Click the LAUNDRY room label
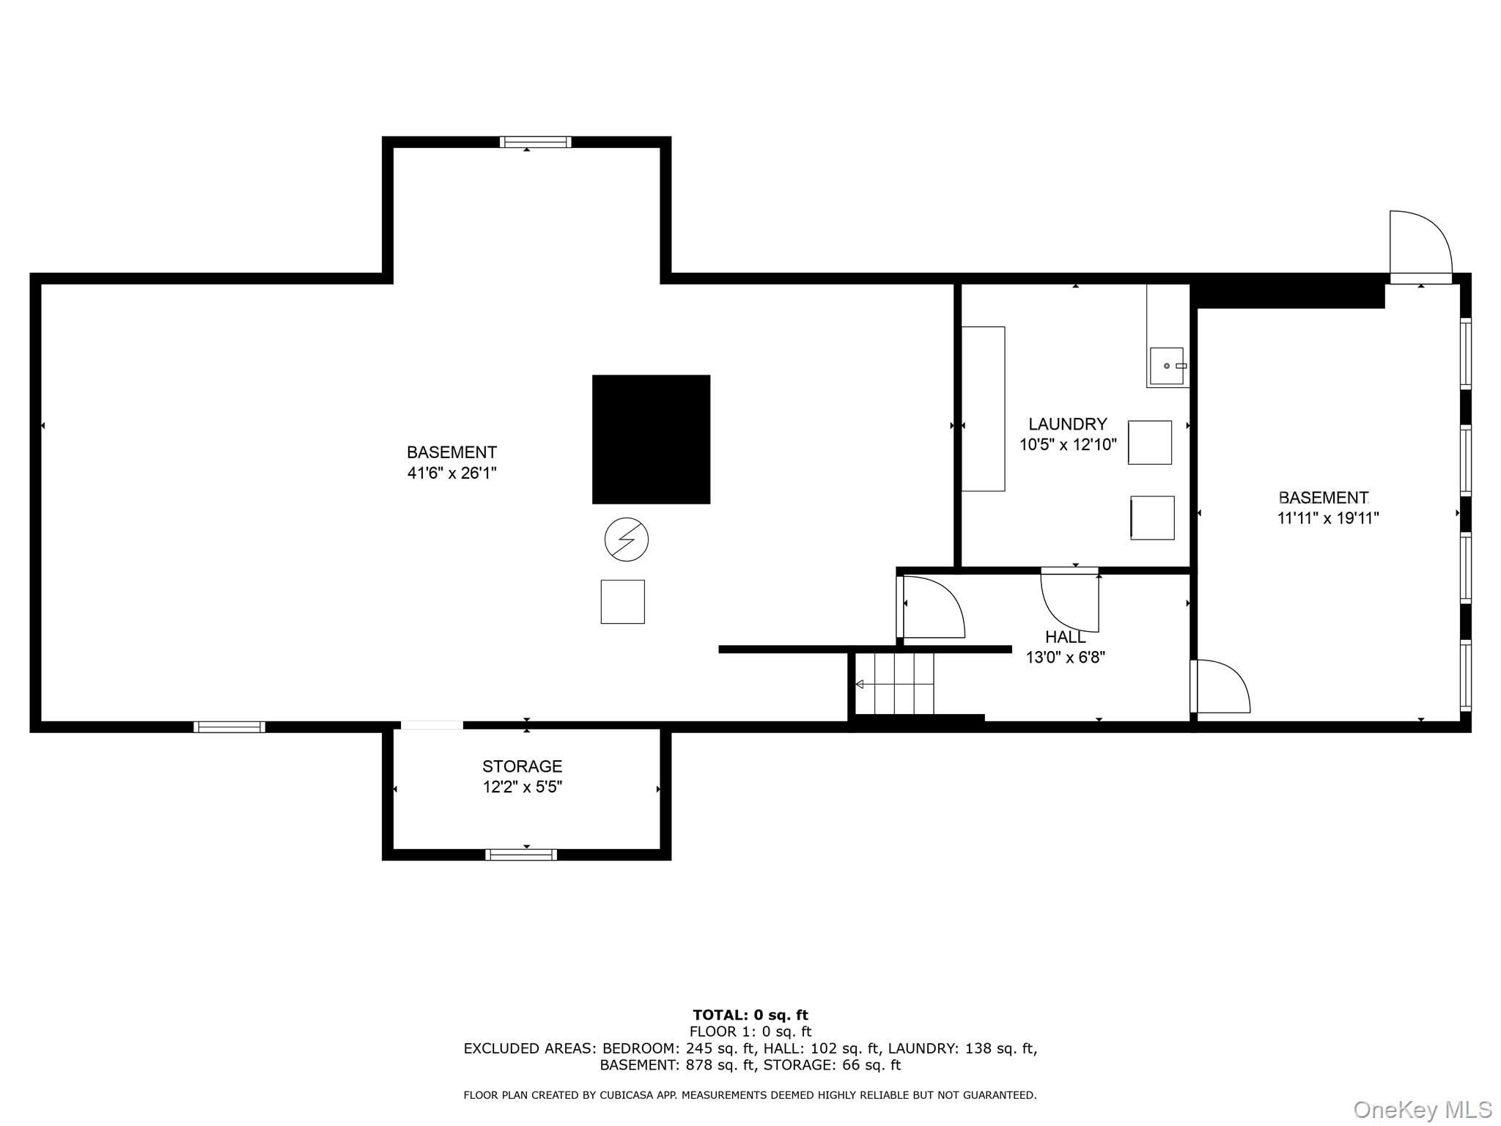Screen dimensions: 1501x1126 click(1067, 424)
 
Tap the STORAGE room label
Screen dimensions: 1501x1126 click(522, 766)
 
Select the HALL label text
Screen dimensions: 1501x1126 click(1065, 636)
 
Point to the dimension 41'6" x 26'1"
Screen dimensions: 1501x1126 click(451, 473)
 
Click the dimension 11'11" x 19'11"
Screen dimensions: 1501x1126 click(1328, 518)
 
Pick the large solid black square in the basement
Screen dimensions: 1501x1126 click(651, 439)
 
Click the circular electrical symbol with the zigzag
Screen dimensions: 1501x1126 click(627, 540)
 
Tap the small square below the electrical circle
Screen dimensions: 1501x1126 click(623, 602)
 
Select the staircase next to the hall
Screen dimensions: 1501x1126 click(894, 683)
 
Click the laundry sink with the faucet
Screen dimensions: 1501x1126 click(1166, 366)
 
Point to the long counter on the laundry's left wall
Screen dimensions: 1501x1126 click(983, 408)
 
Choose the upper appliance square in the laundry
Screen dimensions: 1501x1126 click(1149, 442)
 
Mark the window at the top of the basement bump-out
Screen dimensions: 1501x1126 click(535, 142)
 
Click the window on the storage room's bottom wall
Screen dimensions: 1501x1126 click(520, 854)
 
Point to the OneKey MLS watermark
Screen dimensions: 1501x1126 click(1423, 1110)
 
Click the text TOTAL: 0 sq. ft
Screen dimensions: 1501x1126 click(750, 1015)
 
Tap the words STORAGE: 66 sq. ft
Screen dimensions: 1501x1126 click(832, 1065)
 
